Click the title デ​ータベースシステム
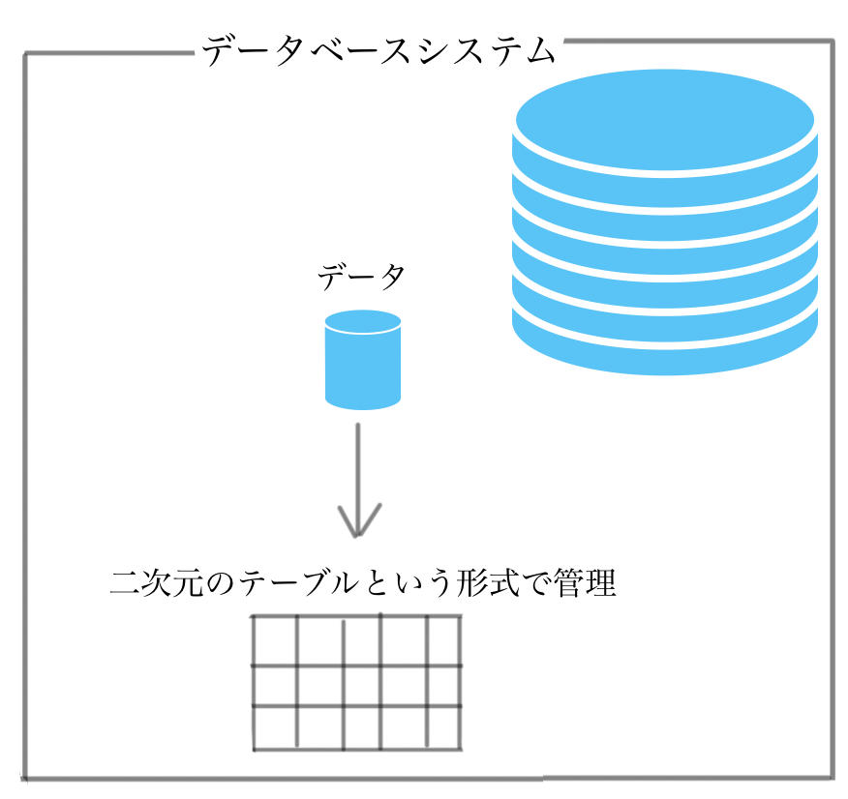coord(379,51)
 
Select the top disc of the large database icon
coord(665,120)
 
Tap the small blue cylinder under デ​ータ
coord(363,360)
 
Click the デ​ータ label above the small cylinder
coord(361,277)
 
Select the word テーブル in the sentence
coord(300,583)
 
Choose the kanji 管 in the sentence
coord(568,583)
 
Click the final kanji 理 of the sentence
coord(600,583)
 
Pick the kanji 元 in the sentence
coord(189,583)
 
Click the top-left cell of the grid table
coord(275,640)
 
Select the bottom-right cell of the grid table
coord(443,727)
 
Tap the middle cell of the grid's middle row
coord(362,686)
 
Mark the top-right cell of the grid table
coord(443,640)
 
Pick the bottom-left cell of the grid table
coord(275,727)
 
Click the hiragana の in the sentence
coord(221,584)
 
